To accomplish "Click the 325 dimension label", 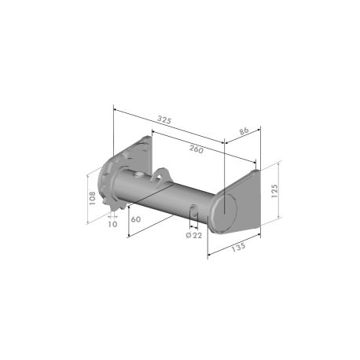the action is [x=164, y=120].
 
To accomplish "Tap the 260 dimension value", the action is [x=197, y=149].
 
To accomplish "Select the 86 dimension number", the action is [x=244, y=131].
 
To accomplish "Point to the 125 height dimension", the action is [x=274, y=190].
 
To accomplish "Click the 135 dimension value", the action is [x=238, y=247].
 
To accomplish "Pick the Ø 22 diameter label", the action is [x=194, y=235].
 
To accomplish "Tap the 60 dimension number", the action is [x=136, y=219].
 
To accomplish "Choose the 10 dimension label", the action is [x=112, y=224].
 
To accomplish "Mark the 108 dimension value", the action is [x=92, y=198].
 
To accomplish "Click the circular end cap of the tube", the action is [x=225, y=213].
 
